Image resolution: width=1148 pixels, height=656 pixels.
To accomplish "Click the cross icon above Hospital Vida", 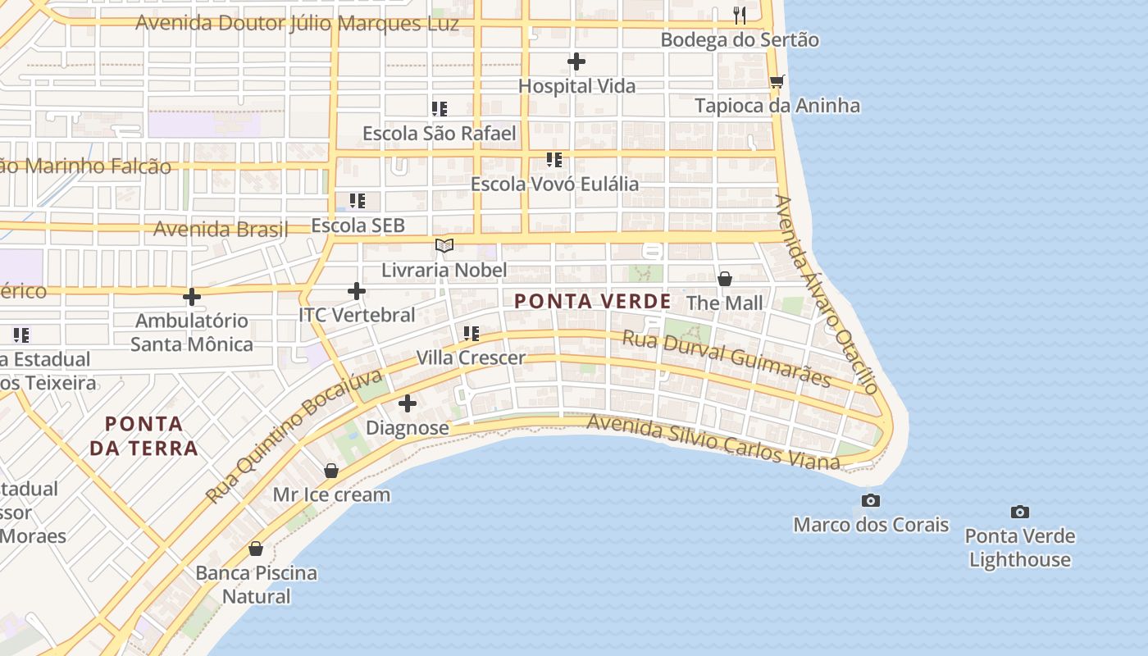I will coord(576,61).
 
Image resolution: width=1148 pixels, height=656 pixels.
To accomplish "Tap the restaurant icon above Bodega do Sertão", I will coord(740,15).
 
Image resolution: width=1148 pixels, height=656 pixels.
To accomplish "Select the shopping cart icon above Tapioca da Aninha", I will coord(777,81).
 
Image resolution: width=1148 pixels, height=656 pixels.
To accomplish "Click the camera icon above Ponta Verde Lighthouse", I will coord(1019,512).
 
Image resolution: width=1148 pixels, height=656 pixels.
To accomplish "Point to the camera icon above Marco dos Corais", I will coord(871,500).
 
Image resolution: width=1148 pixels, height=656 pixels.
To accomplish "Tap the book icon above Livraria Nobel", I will coord(444,245).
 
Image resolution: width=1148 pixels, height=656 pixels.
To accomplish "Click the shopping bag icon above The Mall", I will coord(725,279).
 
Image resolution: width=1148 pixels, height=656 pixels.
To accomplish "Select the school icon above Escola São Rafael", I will coord(440,108).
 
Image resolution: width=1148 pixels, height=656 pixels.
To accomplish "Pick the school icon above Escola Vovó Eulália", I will coord(554,159).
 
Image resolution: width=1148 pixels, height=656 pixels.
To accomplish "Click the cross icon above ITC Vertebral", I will coord(357,291).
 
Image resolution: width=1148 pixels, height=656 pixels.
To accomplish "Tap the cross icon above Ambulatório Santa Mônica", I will coord(192,296).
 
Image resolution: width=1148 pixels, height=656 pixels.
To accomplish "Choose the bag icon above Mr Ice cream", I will coord(331,471).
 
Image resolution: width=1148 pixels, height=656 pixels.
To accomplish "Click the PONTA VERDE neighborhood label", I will coord(592,302).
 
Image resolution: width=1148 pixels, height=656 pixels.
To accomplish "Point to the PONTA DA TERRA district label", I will coord(144,436).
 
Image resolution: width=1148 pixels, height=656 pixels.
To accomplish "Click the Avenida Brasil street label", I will coord(221,229).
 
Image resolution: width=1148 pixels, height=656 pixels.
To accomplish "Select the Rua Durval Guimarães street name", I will coord(727,358).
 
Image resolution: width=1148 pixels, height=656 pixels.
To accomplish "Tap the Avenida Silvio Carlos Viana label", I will coord(713,443).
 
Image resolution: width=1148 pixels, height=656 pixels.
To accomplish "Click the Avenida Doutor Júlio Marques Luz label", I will coord(297,23).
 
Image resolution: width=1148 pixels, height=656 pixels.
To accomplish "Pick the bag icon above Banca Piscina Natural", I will coord(256,549).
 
